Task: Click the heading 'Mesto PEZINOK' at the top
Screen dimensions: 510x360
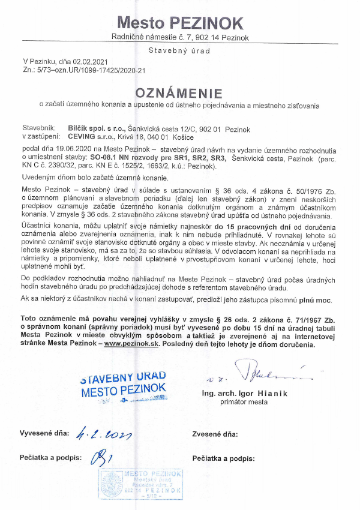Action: pos(180,23)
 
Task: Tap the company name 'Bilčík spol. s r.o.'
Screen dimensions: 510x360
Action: pos(91,129)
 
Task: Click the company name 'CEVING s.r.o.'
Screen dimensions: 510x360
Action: pos(84,137)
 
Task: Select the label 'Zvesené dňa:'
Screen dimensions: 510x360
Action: pos(215,433)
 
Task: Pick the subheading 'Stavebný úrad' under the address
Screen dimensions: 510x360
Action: pos(179,51)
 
